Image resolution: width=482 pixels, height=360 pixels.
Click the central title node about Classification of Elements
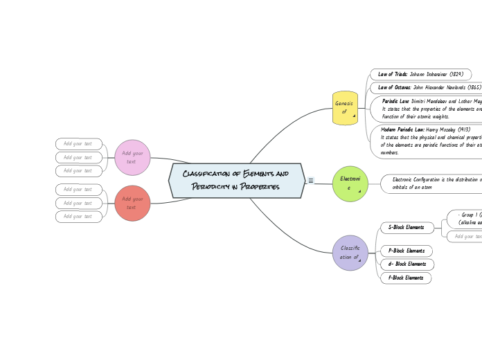pos(236,181)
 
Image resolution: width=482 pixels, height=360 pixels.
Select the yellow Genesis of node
pos(344,108)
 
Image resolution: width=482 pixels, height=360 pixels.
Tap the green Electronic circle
pos(350,183)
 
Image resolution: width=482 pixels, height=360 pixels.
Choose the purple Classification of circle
pos(350,253)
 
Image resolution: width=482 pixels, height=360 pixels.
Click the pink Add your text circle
pos(132,157)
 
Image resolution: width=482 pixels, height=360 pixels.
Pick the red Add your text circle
pos(132,203)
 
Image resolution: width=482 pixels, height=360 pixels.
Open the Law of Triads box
pos(420,74)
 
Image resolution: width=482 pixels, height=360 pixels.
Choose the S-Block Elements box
pos(407,227)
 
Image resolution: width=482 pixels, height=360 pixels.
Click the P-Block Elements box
pos(407,251)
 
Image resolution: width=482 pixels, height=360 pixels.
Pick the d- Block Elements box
pos(407,264)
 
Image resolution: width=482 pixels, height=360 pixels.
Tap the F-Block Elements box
pos(406,278)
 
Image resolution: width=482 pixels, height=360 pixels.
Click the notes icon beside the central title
pos(311,181)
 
